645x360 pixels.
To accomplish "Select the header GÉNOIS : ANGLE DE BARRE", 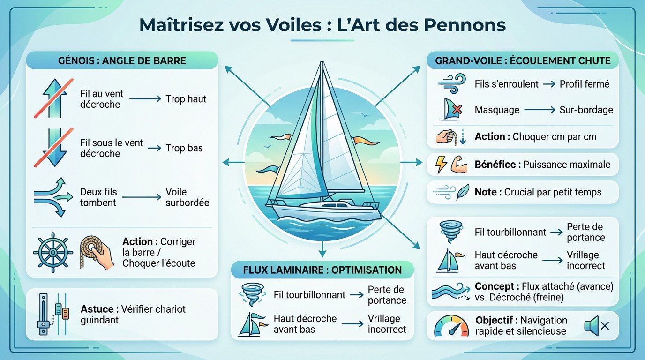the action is point(122,61).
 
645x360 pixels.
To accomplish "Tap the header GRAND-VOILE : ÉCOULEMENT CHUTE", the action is point(523,61).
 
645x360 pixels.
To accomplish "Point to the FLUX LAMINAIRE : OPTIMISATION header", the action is point(322,270).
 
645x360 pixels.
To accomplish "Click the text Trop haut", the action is point(186,99).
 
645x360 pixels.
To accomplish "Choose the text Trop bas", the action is point(184,148).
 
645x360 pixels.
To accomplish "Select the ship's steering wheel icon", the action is point(53,252).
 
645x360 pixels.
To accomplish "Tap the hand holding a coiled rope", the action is point(97,252).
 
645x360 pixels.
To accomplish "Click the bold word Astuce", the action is point(97,309).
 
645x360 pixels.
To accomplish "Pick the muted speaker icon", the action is point(596,326).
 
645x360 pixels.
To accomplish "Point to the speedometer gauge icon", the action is point(451,326).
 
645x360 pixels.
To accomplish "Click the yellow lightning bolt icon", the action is point(442,165).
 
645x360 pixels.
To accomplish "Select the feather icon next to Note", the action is point(463,192).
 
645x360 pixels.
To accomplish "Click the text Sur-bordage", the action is point(586,110).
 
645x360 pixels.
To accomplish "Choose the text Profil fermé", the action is point(585,84).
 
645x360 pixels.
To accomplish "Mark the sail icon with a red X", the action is point(451,110).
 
